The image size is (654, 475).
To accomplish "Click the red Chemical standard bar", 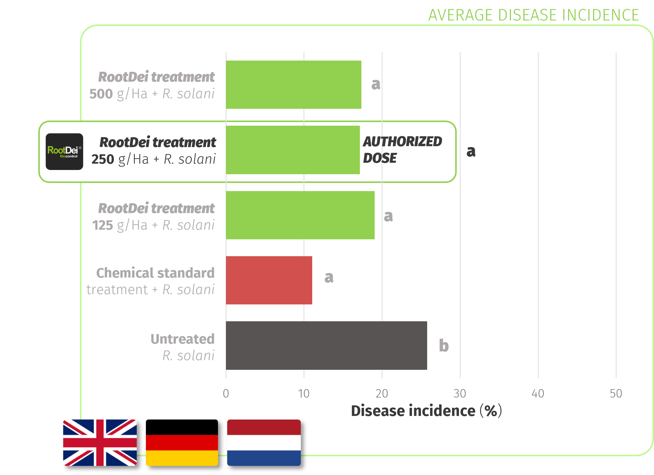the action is coord(269,280).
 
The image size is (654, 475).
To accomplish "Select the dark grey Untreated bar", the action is coord(326,345).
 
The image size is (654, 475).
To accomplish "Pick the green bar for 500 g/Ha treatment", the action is coord(294,85).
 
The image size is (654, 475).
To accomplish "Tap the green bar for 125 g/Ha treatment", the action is coord(300,215).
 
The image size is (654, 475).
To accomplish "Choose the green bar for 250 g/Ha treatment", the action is coord(293,150).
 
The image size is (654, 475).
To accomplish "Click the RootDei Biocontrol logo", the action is coord(64,152).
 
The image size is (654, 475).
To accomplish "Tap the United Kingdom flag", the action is coord(100,443).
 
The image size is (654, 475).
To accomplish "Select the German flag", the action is coord(182,443).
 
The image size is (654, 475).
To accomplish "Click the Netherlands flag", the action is coord(264,443).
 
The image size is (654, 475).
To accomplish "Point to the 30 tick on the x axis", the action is coord(460,394).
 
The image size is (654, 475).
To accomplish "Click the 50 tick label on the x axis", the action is coord(616,394).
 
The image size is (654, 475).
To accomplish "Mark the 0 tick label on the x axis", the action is coord(226,394).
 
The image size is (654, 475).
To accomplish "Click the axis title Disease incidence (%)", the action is coord(427,411).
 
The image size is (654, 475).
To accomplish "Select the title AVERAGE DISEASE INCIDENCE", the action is coord(534,15).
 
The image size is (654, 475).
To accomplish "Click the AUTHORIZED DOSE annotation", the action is coord(402,150).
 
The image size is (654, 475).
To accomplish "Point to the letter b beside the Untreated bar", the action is coord(444,345).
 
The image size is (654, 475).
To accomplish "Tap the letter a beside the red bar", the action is coord(329,277).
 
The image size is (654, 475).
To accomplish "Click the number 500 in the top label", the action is coord(101,94).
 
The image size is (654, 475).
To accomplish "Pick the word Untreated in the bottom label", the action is coord(183,339).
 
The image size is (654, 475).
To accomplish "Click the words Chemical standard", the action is coord(155,273).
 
